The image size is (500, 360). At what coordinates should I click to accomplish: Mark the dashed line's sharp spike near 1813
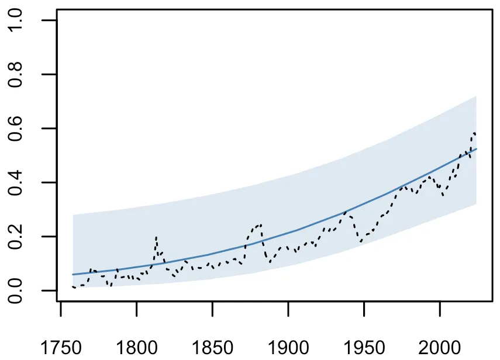coord(156,237)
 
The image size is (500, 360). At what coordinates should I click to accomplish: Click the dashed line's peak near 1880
coord(259,224)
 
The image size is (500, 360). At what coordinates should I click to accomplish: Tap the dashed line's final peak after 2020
coord(474,133)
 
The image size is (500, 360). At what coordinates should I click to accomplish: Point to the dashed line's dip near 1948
coord(361,241)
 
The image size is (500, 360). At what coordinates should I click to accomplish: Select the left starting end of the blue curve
coord(73,274)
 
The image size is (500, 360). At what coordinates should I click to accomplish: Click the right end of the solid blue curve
coord(477,149)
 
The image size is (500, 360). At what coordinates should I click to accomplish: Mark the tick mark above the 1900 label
coord(288,307)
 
